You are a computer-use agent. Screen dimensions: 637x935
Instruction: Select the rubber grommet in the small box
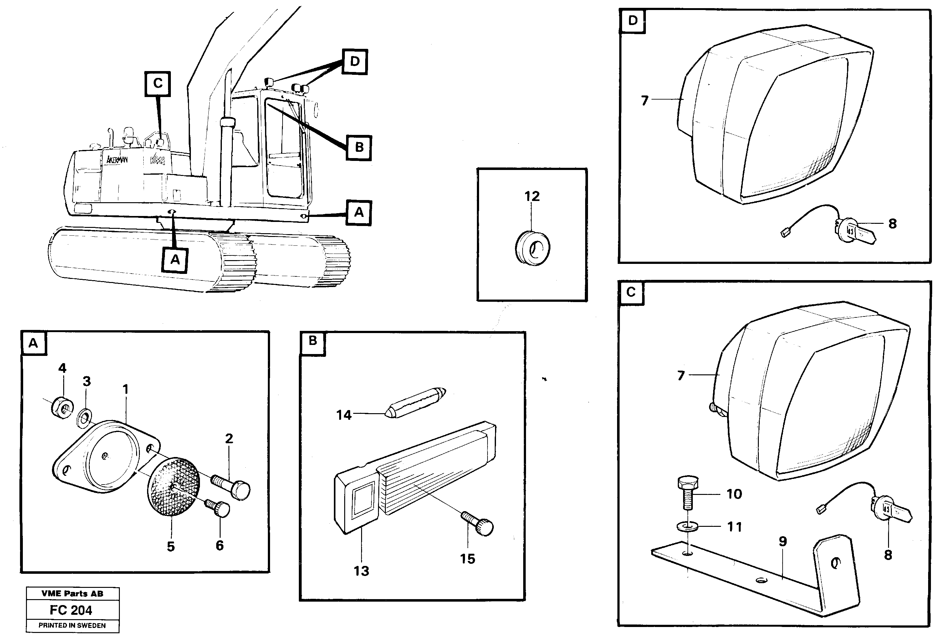point(532,248)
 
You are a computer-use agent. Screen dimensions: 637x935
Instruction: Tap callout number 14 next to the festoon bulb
point(344,415)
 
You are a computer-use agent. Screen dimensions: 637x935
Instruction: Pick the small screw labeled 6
point(219,509)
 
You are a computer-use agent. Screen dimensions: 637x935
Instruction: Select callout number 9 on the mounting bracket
point(783,541)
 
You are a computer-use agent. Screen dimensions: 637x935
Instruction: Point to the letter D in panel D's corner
point(632,21)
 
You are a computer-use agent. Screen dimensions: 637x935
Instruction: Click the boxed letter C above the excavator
point(158,84)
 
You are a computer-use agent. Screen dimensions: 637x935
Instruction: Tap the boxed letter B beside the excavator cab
point(359,147)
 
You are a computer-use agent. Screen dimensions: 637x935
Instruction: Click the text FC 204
point(71,610)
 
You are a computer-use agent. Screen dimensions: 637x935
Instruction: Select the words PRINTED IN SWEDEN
point(72,625)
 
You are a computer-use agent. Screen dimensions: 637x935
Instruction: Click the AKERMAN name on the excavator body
point(117,160)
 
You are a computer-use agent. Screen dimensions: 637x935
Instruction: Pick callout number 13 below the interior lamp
point(361,571)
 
